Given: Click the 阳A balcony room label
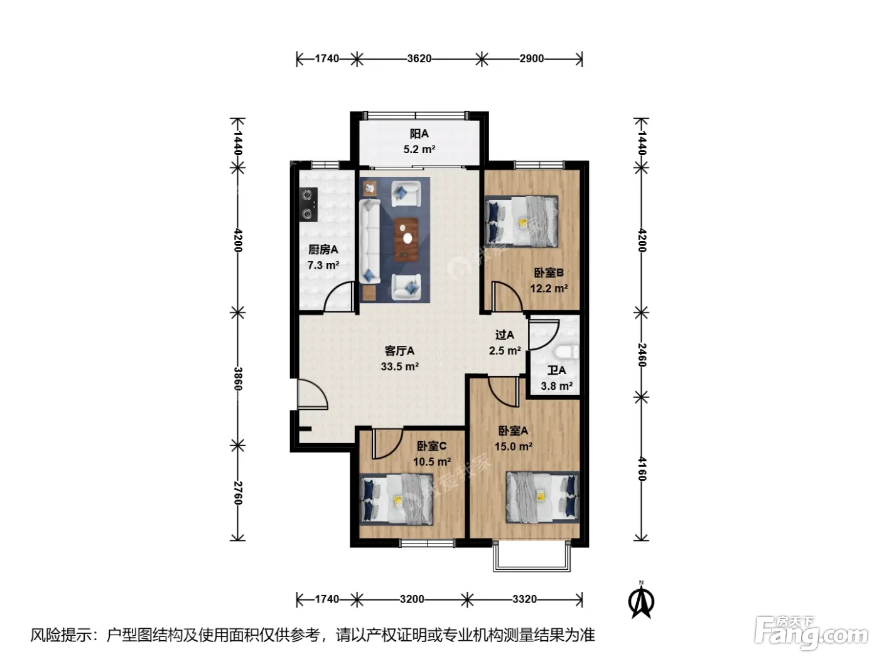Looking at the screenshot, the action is coord(419,134).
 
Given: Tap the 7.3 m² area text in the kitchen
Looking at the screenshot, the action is coord(323,265).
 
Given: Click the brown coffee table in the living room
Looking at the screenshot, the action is coord(406,240).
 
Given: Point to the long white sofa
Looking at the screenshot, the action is coord(369,242).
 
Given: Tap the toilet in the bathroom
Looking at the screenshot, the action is coord(566,351).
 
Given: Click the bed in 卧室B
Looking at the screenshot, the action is coord(521,222).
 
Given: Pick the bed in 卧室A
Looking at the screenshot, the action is coord(542,497).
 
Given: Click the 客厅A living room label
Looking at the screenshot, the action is coord(399,351).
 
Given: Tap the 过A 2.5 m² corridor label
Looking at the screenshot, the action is coord(505,343).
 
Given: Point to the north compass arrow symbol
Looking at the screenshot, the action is coord(641,601).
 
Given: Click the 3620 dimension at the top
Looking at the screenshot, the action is coord(419,59).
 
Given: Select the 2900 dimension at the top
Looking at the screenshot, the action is coord(531,59).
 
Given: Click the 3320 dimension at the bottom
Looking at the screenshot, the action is coord(524,599).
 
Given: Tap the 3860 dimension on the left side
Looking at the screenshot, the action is coord(237,379).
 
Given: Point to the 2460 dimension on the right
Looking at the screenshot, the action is coord(641,355).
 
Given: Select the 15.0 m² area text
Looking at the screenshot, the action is coord(514,446).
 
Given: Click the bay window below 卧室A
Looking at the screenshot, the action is coord(532,556).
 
